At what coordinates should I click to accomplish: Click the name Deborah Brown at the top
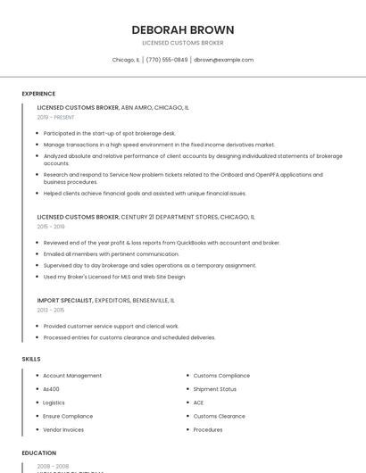tap(183, 29)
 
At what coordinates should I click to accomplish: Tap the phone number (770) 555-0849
tap(167, 60)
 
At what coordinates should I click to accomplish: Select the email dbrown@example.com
tap(224, 60)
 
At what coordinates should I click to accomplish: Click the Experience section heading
tap(38, 94)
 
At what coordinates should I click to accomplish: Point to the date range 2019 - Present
tap(56, 117)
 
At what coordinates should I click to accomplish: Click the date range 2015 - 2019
tap(51, 227)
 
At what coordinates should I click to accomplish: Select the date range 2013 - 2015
tap(51, 310)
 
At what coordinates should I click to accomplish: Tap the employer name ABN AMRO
tap(137, 107)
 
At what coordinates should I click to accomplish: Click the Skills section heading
tap(31, 359)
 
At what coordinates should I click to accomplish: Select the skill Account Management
tap(72, 376)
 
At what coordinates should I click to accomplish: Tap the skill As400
tap(52, 389)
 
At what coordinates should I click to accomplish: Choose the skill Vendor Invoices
tap(63, 429)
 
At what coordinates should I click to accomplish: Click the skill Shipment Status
tap(215, 389)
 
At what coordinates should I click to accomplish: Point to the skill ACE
tap(198, 402)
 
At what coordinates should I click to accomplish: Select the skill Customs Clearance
tap(219, 416)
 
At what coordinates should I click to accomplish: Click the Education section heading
tap(39, 452)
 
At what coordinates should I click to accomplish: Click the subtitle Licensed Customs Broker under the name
tap(183, 43)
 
